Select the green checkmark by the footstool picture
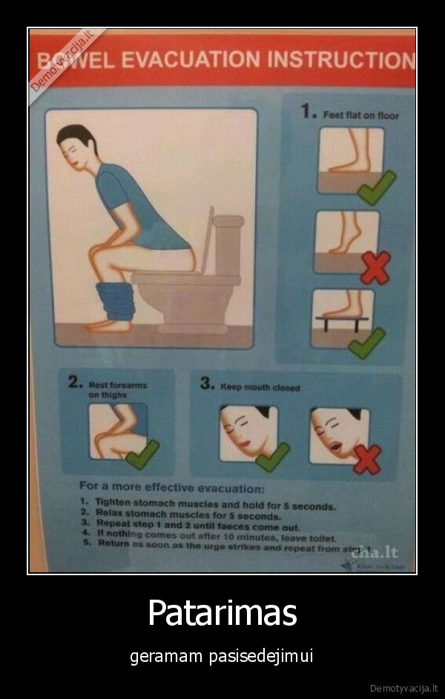(366, 342)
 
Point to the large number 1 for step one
(306, 111)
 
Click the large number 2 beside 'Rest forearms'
(73, 382)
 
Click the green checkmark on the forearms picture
(142, 454)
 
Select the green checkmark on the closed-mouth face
(272, 457)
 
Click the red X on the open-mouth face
(366, 459)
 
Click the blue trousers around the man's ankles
(116, 299)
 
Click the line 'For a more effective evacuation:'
(172, 489)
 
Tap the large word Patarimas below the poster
(222, 613)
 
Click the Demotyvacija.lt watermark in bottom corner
(403, 688)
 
